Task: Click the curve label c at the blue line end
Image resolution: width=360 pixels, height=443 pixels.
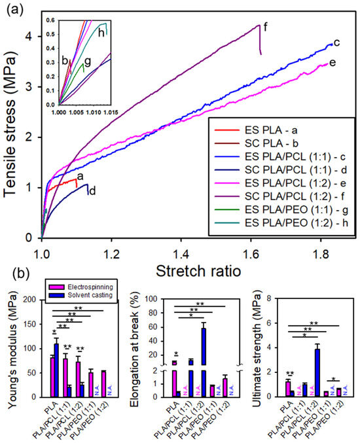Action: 336,43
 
